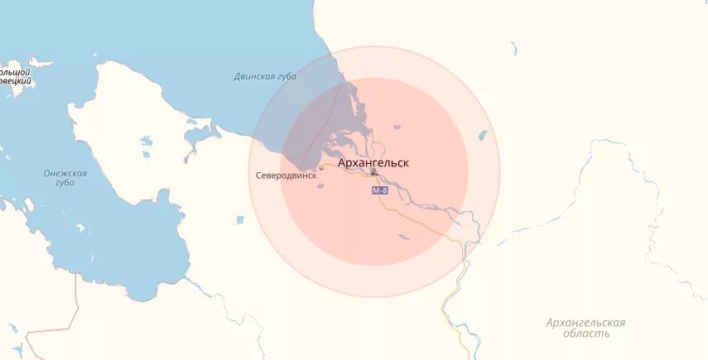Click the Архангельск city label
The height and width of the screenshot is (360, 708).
click(x=373, y=163)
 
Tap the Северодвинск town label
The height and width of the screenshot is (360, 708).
click(x=286, y=175)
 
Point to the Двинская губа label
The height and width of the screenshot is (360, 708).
click(x=264, y=77)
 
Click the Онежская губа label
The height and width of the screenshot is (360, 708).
click(x=65, y=177)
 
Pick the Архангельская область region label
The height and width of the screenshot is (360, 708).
click(x=585, y=328)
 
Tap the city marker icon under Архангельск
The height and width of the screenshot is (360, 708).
click(x=374, y=171)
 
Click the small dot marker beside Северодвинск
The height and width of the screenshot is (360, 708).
click(x=321, y=168)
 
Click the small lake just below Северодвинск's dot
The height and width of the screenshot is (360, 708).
click(x=320, y=185)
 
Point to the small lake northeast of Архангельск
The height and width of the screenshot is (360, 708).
click(x=397, y=127)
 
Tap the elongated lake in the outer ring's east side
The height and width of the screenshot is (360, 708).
click(x=482, y=134)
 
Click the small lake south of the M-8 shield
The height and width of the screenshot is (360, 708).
click(x=403, y=238)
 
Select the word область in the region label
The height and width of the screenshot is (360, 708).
click(x=585, y=334)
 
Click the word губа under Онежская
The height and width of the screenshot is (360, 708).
click(x=65, y=183)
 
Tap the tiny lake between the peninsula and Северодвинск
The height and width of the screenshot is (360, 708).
click(x=239, y=220)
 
